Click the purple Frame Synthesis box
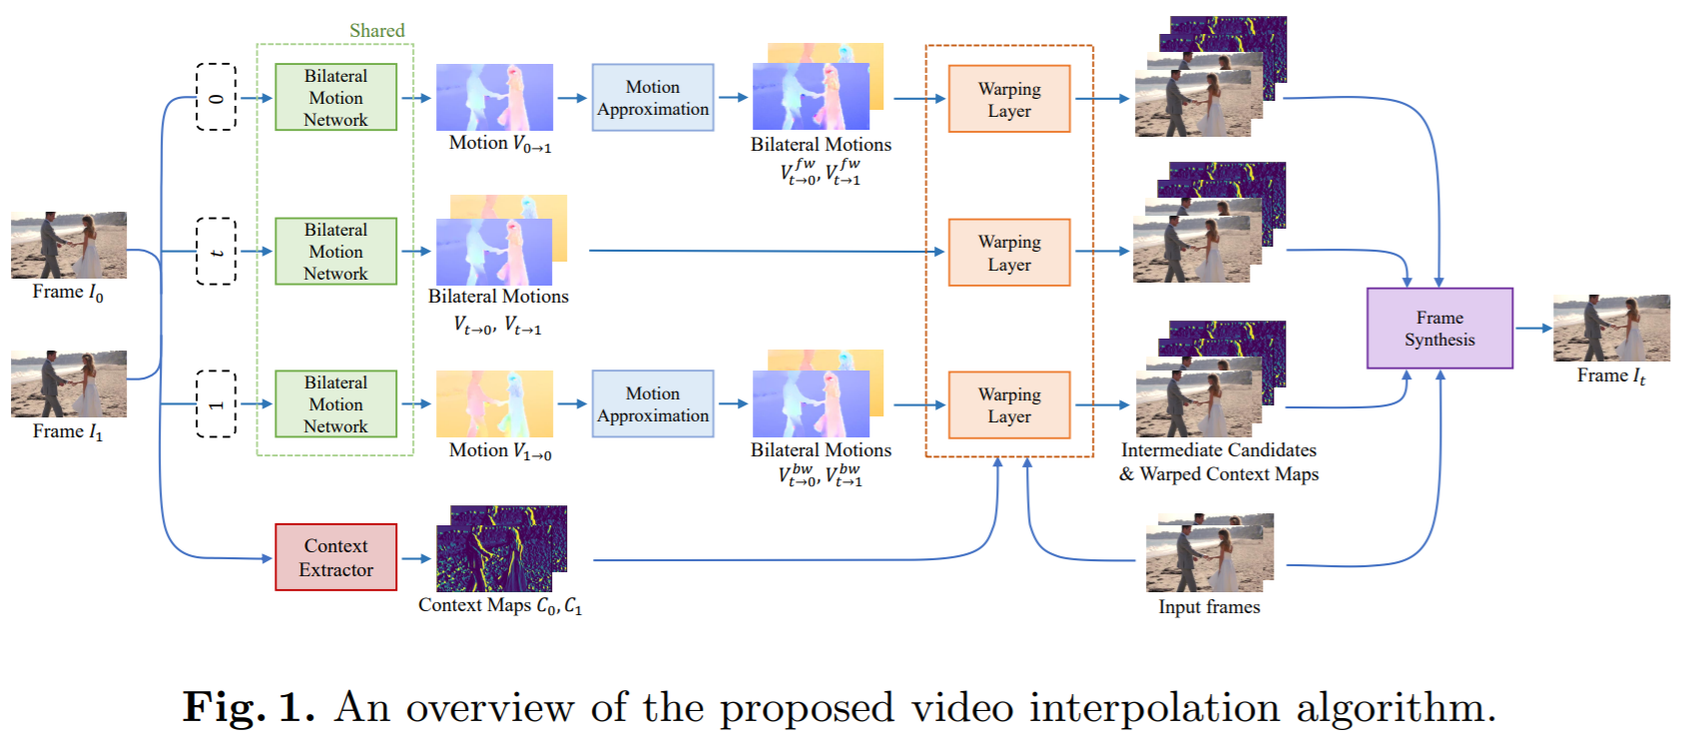pyautogui.click(x=1438, y=329)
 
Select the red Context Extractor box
pyautogui.click(x=335, y=557)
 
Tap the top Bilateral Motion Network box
pyautogui.click(x=335, y=97)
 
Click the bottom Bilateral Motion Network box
pyautogui.click(x=335, y=403)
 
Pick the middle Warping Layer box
pyautogui.click(x=1008, y=253)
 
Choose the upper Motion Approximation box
pyautogui.click(x=652, y=98)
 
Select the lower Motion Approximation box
pyautogui.click(x=652, y=404)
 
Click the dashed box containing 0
pyautogui.click(x=216, y=97)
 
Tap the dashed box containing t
pyautogui.click(x=216, y=251)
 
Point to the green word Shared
pyautogui.click(x=376, y=30)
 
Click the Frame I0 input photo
pyautogui.click(x=68, y=245)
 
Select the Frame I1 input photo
pyautogui.click(x=68, y=383)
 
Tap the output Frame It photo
pyautogui.click(x=1610, y=328)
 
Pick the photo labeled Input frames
pyautogui.click(x=1209, y=554)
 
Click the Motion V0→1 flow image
pyautogui.click(x=494, y=97)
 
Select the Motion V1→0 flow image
pyautogui.click(x=494, y=403)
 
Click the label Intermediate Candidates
pyautogui.click(x=1218, y=450)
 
